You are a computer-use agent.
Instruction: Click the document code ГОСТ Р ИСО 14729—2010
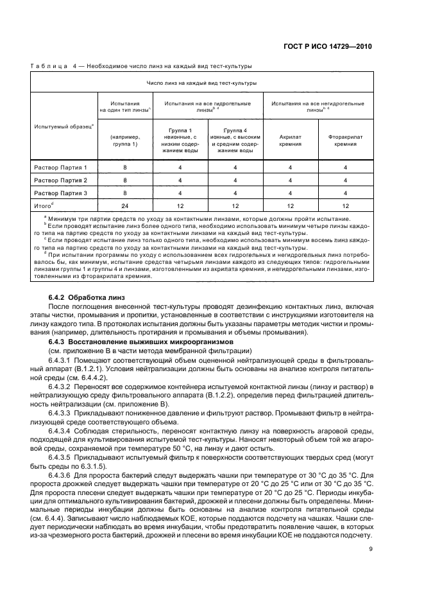coord(327,47)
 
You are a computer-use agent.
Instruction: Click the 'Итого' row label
coord(44,205)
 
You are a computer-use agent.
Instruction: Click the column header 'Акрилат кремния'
coord(290,141)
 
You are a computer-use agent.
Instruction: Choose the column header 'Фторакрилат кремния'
coord(345,141)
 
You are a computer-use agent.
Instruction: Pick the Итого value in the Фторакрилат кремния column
coord(345,205)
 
